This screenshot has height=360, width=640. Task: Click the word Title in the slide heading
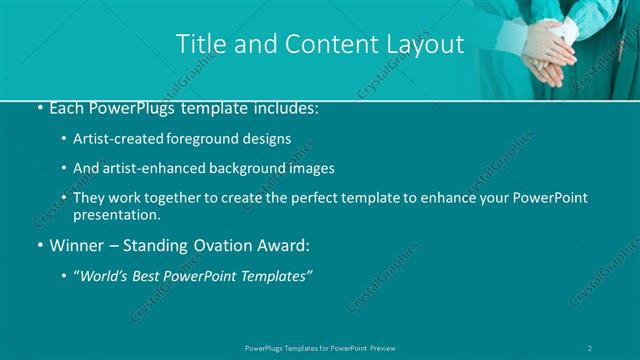(200, 44)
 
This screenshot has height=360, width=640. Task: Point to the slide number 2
(591, 348)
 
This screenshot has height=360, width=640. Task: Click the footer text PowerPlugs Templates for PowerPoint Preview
(319, 348)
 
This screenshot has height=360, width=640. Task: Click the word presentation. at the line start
(116, 214)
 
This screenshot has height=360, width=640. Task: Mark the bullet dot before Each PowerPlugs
(38, 107)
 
